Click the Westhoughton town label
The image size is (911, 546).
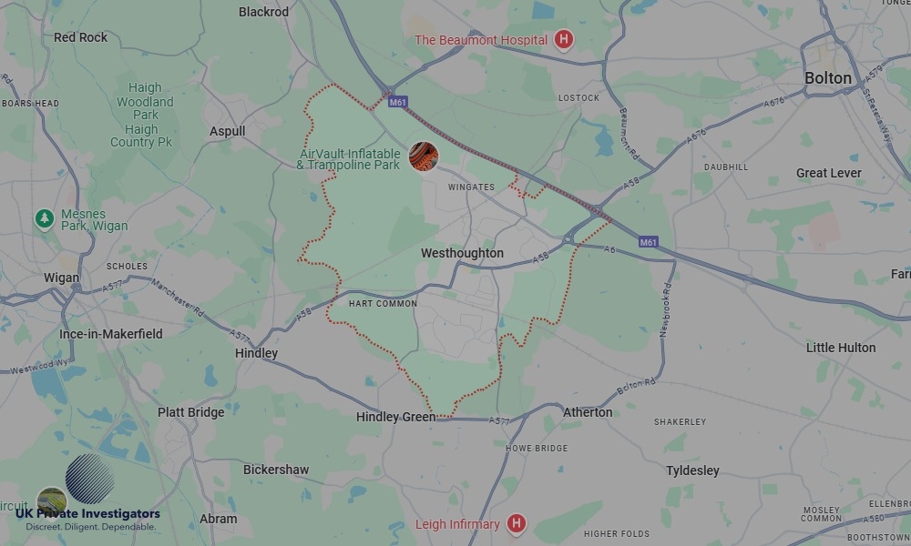click(462, 253)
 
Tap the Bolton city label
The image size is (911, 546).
click(827, 78)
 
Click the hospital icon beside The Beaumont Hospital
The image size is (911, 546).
click(564, 40)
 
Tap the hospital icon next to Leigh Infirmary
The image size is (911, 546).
click(517, 523)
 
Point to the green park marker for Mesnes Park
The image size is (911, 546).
click(44, 218)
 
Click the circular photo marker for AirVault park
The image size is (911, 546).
click(423, 157)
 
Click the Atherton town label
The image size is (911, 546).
click(588, 412)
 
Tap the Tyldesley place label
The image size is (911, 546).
click(692, 470)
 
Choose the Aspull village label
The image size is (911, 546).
click(228, 131)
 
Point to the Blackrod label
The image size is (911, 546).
click(263, 12)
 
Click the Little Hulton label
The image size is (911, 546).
click(841, 348)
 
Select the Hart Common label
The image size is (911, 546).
click(383, 304)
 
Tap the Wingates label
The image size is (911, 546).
click(471, 187)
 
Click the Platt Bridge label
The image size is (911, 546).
click(190, 412)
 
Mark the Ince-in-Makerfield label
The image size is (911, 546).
click(111, 334)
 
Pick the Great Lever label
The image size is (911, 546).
click(828, 173)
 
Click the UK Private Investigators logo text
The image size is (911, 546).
click(87, 514)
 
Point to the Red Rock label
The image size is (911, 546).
click(80, 37)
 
